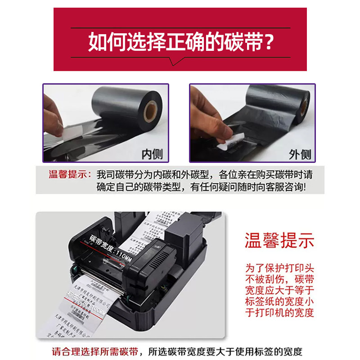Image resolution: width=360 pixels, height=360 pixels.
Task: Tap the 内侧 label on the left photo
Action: pyautogui.click(x=152, y=154)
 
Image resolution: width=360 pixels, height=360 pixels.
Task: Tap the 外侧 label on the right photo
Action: pyautogui.click(x=300, y=154)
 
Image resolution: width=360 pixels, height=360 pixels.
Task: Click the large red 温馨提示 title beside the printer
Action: pyautogui.click(x=279, y=240)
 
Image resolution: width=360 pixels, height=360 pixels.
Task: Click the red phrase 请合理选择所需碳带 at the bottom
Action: pyautogui.click(x=90, y=351)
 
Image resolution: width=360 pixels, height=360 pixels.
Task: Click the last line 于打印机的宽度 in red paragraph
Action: pyautogui.click(x=279, y=312)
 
